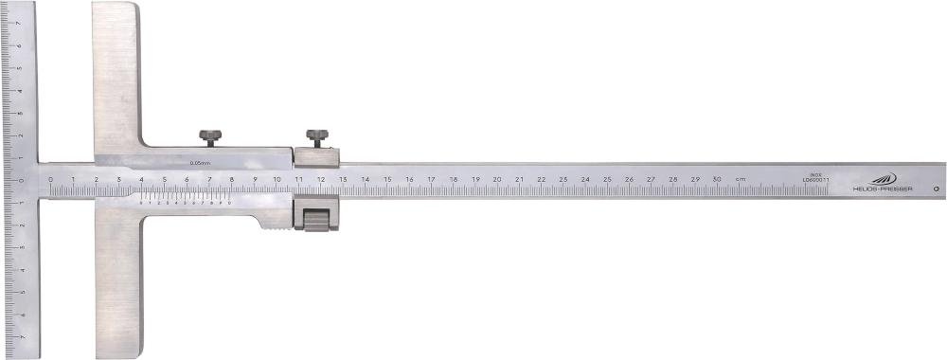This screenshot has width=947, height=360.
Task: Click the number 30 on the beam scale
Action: tap(717, 179)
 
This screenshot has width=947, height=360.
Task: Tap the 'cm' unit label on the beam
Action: tap(741, 179)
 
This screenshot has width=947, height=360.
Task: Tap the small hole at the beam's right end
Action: tap(936, 189)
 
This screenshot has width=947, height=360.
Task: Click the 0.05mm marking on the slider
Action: tap(200, 163)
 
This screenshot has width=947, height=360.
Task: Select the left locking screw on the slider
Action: tap(210, 138)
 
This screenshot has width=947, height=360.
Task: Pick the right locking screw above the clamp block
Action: tap(315, 138)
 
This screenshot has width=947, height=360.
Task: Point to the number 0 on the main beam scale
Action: tap(50, 178)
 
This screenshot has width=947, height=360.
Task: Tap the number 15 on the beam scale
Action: tap(386, 178)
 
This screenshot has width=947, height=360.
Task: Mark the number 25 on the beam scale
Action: tap(607, 178)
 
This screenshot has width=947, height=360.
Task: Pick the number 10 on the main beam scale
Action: tap(276, 178)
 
